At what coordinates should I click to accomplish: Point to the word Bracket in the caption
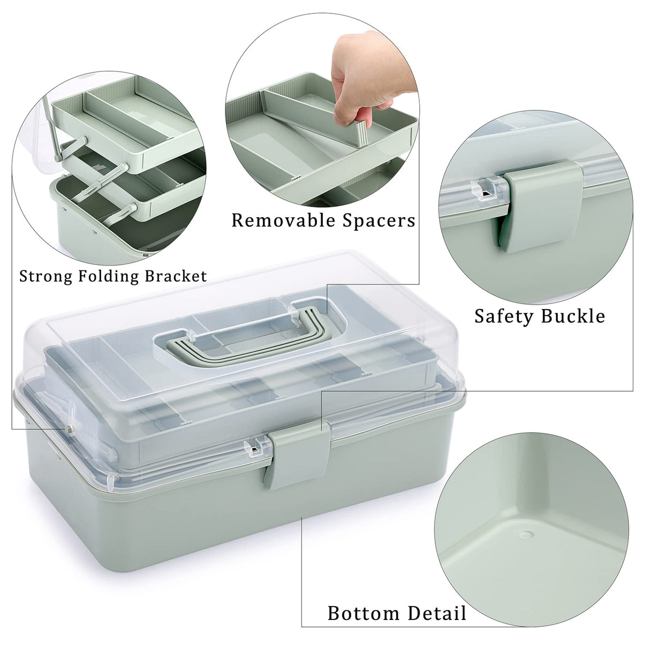[x=176, y=276]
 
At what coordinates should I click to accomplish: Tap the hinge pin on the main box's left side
[x=70, y=428]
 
